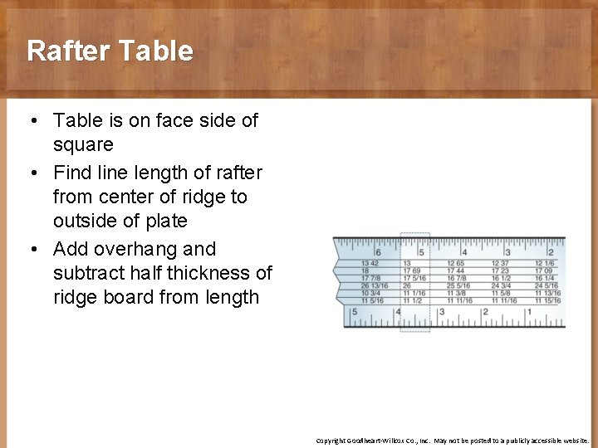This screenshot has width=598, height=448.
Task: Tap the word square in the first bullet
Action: click(x=83, y=144)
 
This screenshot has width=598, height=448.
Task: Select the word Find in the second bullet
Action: click(x=71, y=173)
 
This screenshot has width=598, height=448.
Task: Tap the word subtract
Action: click(x=87, y=273)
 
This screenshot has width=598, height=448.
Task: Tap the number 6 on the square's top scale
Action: click(x=378, y=252)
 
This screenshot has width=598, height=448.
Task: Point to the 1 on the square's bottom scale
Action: click(x=528, y=312)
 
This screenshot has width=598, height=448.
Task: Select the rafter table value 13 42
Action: click(x=369, y=264)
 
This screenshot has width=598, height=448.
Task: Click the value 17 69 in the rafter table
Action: click(x=412, y=271)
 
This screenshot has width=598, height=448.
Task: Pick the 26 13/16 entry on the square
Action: click(x=374, y=286)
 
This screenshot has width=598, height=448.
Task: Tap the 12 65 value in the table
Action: click(x=455, y=264)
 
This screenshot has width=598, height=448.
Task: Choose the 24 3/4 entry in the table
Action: click(x=501, y=286)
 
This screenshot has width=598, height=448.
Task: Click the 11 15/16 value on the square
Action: click(x=547, y=300)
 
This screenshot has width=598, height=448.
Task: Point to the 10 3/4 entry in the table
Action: click(x=370, y=294)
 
